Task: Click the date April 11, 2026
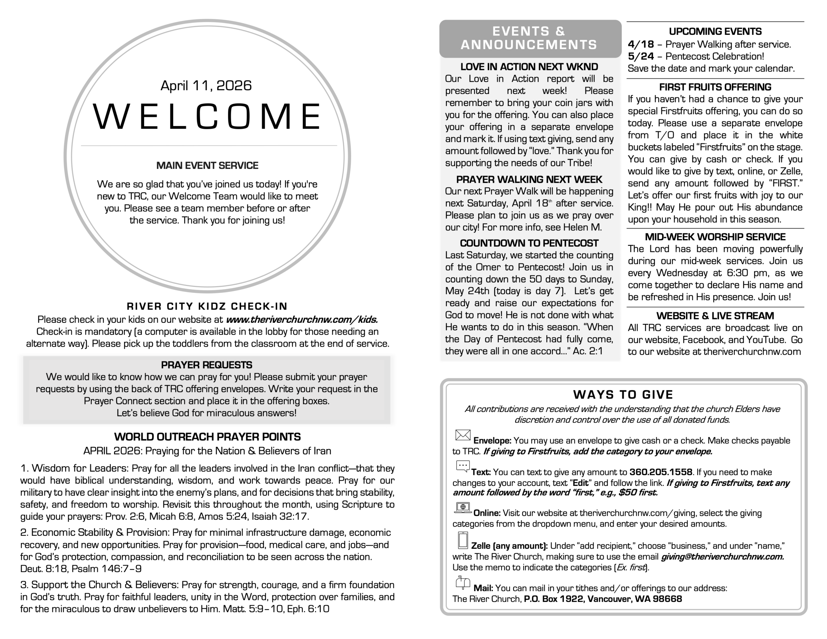(206, 86)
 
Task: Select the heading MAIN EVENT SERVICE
(207, 165)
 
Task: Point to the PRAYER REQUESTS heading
(206, 365)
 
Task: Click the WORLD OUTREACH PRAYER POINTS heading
(207, 437)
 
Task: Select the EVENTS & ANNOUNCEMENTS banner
(529, 38)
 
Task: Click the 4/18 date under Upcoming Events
(641, 44)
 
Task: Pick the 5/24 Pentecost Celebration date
(641, 57)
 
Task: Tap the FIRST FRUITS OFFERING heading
(715, 87)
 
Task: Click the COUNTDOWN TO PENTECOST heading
(529, 243)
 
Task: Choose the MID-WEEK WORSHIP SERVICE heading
(715, 237)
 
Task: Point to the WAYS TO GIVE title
(623, 395)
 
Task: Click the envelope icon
(463, 435)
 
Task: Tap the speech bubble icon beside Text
(463, 466)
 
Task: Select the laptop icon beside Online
(463, 508)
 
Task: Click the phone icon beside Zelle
(463, 540)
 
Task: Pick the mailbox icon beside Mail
(463, 582)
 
